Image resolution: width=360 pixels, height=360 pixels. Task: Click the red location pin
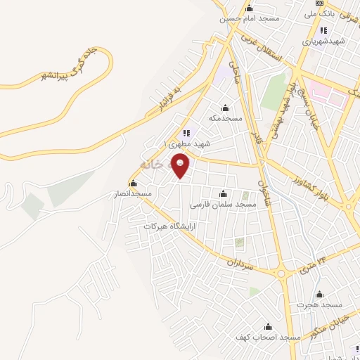181,167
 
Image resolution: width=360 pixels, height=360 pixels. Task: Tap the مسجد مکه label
225,118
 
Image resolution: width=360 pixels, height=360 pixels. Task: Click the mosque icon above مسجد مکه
225,108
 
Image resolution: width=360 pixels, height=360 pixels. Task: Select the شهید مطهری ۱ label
186,143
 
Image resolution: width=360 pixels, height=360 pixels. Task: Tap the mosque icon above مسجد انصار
123,182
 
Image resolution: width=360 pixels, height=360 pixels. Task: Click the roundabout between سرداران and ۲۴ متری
283,273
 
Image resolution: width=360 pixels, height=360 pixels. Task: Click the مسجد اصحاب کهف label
267,337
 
